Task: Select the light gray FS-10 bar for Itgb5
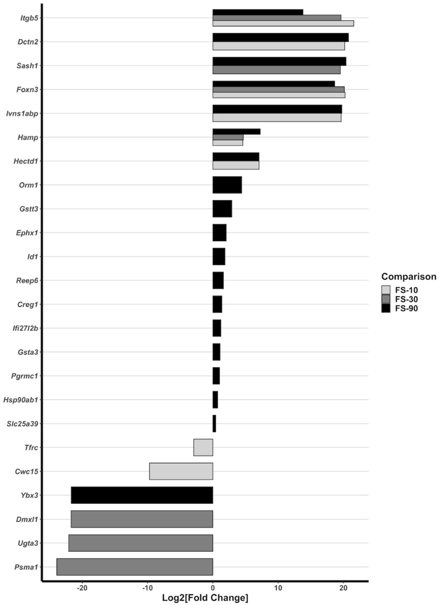click(283, 23)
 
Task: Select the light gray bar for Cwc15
click(181, 471)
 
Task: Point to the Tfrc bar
click(203, 447)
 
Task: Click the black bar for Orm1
click(227, 185)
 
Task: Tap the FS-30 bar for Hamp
click(228, 137)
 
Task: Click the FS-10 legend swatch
click(386, 290)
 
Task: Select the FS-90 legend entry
click(399, 308)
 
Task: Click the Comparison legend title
click(409, 277)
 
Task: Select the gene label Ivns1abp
click(22, 113)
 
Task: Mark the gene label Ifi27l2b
click(25, 328)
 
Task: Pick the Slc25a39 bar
click(214, 424)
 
